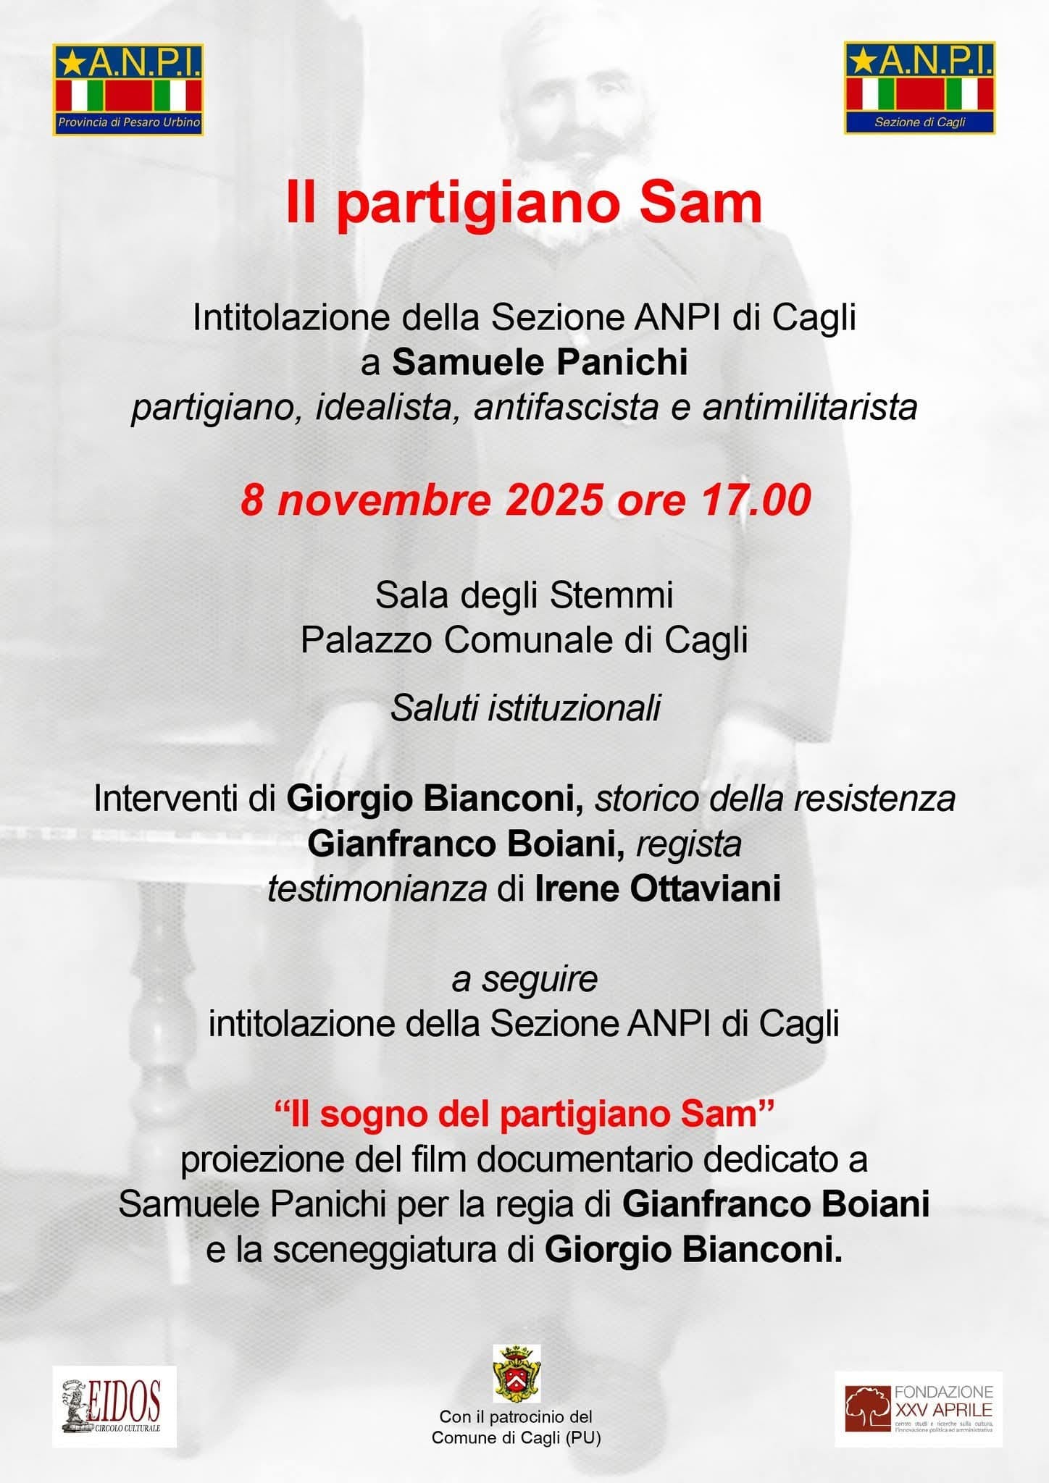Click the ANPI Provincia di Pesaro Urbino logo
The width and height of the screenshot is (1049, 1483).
point(128,90)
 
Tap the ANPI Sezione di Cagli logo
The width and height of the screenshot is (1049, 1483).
point(919,88)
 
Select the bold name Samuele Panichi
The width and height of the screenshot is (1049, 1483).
point(540,362)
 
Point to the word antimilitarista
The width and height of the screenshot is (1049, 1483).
point(809,407)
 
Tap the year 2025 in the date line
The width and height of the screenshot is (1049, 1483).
point(555,500)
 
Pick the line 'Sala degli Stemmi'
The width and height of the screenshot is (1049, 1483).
point(524,595)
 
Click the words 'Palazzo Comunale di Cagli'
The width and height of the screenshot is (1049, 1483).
point(524,639)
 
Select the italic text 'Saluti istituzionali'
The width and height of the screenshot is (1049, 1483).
point(525,707)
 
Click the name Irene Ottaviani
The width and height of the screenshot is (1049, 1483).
point(657,888)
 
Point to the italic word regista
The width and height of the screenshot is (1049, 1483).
point(688,844)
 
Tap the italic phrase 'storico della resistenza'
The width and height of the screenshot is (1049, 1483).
point(774,798)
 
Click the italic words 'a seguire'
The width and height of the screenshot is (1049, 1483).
point(524,979)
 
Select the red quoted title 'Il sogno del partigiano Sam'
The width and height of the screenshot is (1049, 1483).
point(524,1114)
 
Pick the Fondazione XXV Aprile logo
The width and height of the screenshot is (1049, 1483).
point(919,1408)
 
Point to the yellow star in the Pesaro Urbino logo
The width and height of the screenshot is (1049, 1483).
point(71,64)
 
